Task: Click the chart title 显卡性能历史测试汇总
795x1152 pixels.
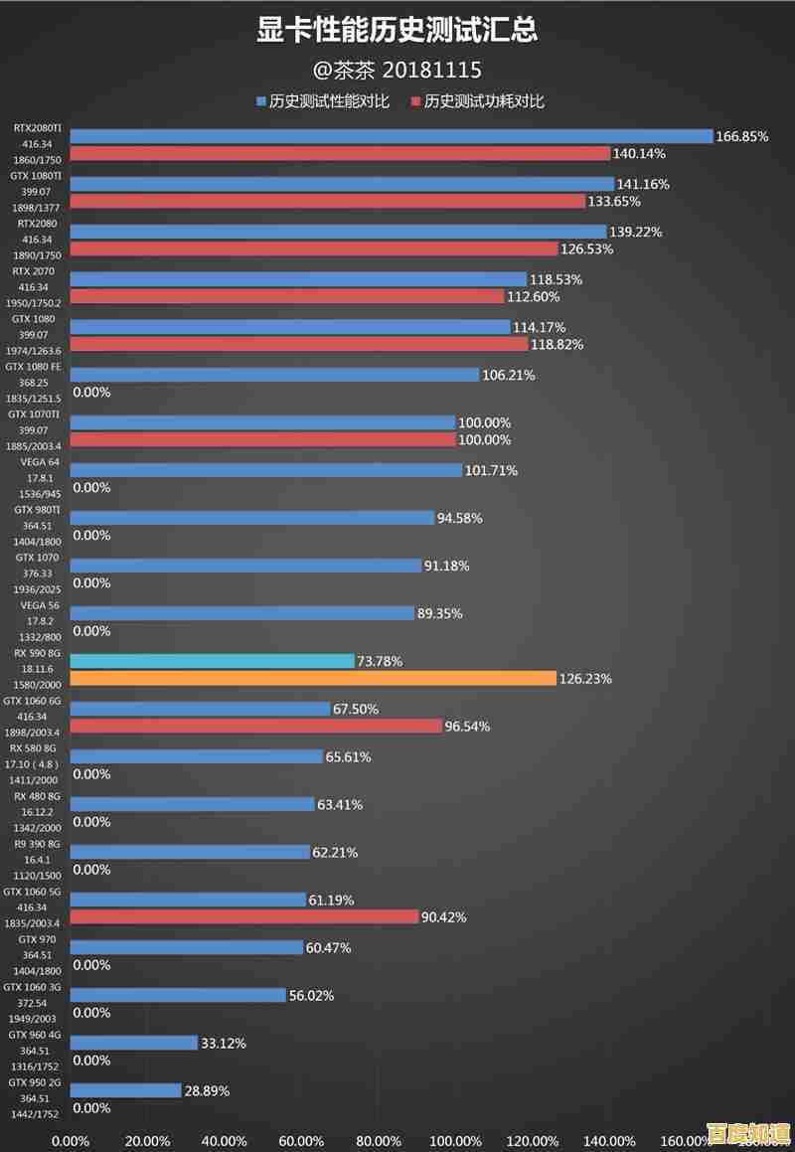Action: pyautogui.click(x=397, y=31)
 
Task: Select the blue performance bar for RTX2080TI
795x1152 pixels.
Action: pyautogui.click(x=392, y=136)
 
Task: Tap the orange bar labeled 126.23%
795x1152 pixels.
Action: pyautogui.click(x=313, y=678)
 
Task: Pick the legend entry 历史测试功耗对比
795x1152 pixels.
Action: pyautogui.click(x=484, y=101)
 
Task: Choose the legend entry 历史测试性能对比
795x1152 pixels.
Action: pyautogui.click(x=329, y=101)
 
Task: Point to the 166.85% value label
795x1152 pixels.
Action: pyautogui.click(x=742, y=136)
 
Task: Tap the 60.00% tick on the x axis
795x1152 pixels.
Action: pyautogui.click(x=301, y=1141)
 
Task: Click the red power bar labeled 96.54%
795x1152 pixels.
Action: pyautogui.click(x=256, y=726)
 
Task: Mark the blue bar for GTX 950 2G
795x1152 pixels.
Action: pyautogui.click(x=126, y=1090)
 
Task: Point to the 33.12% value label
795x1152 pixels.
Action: pyautogui.click(x=224, y=1043)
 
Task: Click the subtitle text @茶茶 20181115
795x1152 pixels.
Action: pyautogui.click(x=397, y=70)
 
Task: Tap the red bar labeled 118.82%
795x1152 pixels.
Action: pyautogui.click(x=299, y=344)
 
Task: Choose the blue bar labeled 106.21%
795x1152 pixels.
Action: pyautogui.click(x=275, y=375)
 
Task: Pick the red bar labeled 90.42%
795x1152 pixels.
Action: pyautogui.click(x=244, y=916)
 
